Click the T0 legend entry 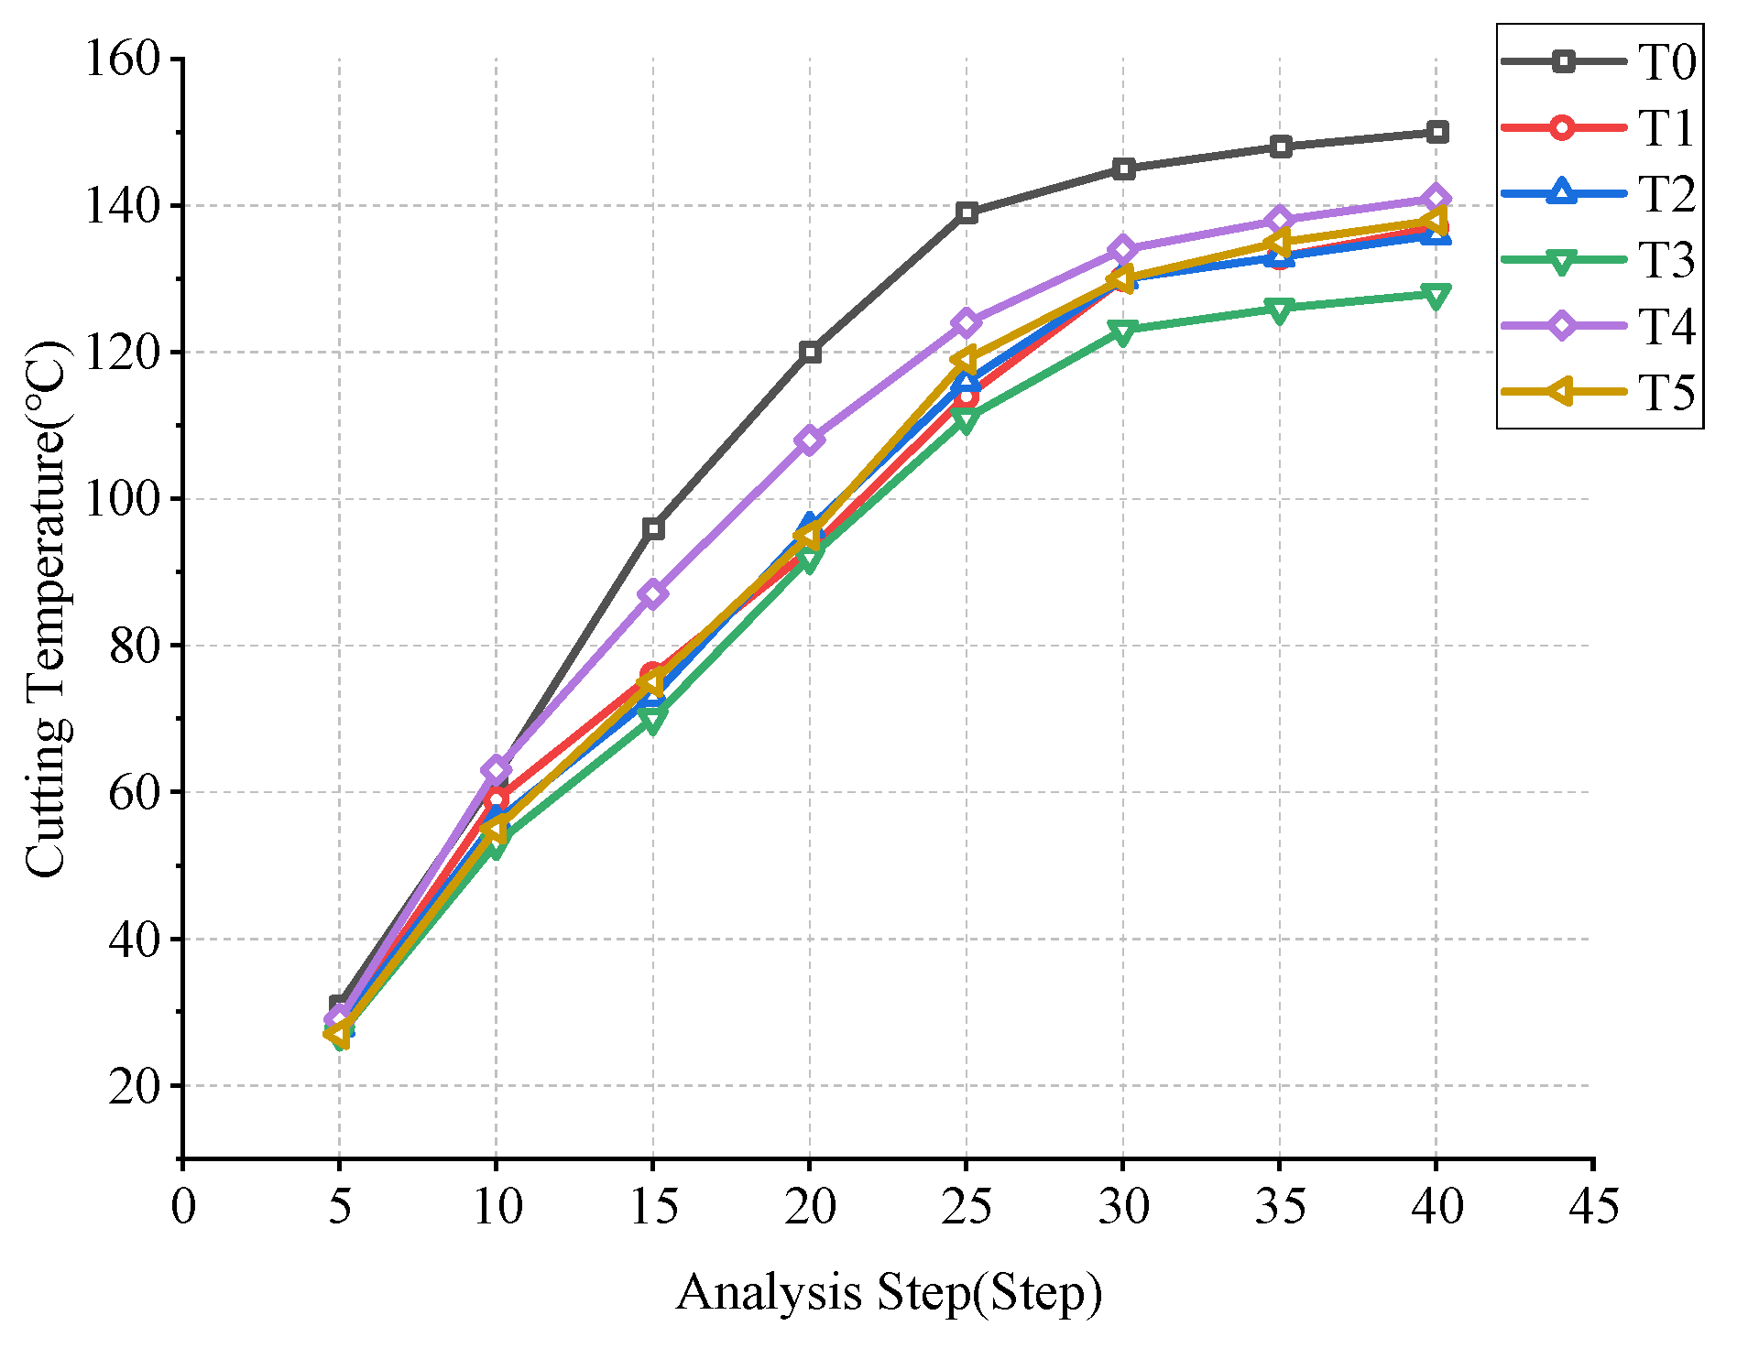(x=1599, y=62)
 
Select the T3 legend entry (x=1599, y=260)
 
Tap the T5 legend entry (x=1599, y=392)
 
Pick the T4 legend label (x=1666, y=327)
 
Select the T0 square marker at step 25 (x=967, y=213)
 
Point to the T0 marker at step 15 (x=653, y=528)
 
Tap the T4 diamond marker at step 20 (x=810, y=440)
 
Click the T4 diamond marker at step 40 (x=1436, y=199)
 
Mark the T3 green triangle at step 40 (x=1436, y=295)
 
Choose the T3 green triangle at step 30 (x=1124, y=331)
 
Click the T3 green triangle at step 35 (x=1281, y=310)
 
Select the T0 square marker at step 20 (x=810, y=353)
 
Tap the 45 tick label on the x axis (x=1593, y=1206)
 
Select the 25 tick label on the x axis (x=967, y=1206)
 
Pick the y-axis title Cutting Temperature (x=46, y=609)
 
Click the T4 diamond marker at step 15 (x=653, y=594)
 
